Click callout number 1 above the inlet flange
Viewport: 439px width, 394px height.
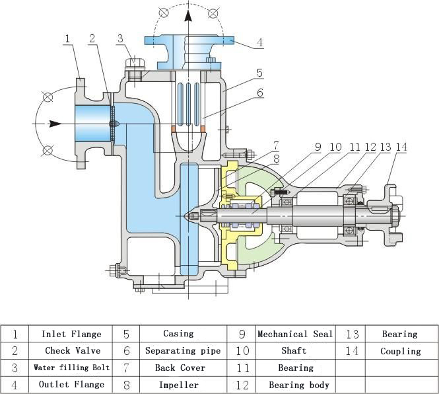[x=67, y=39]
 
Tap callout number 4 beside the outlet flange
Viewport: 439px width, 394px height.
[x=260, y=42]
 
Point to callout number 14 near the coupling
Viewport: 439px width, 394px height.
[x=401, y=147]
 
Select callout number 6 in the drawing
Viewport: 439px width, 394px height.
[x=260, y=93]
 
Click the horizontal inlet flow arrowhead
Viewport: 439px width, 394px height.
[x=55, y=124]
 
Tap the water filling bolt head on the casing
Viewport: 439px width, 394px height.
[x=135, y=63]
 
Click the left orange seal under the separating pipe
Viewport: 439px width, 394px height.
[x=174, y=129]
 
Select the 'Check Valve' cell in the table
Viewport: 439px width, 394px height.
[x=73, y=350]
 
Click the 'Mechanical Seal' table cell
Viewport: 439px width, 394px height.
[x=295, y=334]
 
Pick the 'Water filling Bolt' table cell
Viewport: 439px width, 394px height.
[x=71, y=368]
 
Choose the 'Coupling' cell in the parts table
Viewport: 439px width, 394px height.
[x=401, y=351]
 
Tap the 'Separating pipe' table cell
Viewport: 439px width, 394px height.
[x=183, y=350]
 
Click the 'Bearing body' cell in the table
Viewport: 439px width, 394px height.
[x=299, y=385]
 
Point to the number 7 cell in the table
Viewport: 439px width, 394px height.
[x=126, y=368]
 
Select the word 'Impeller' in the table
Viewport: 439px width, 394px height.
[x=179, y=385]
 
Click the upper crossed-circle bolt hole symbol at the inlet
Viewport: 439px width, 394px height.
[x=48, y=97]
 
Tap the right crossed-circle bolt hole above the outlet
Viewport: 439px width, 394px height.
[x=213, y=13]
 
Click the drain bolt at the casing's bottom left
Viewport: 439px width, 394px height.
[x=115, y=270]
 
